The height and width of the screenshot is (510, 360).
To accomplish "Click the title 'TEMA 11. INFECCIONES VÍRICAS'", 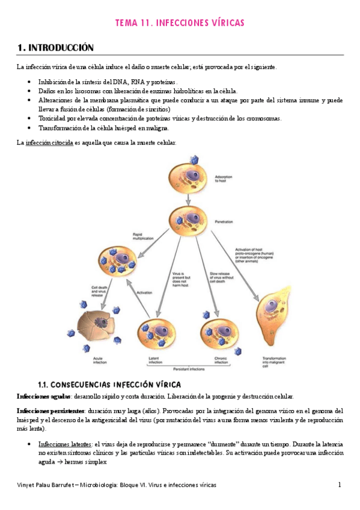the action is click(x=180, y=23).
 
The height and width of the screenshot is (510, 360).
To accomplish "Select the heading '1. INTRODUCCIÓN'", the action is click(x=55, y=47).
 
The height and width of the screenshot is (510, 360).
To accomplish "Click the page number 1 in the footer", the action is click(x=339, y=485).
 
